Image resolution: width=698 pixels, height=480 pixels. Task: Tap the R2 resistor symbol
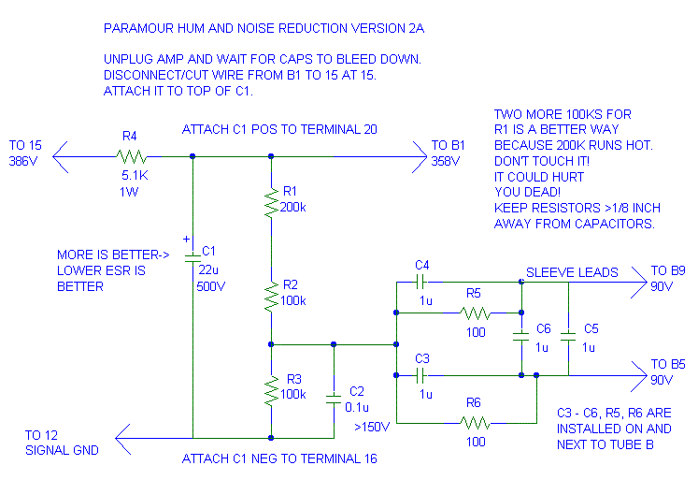tap(270, 297)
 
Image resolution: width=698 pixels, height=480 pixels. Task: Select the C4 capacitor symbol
tap(422, 281)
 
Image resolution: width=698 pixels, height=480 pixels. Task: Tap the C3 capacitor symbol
tap(422, 375)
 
